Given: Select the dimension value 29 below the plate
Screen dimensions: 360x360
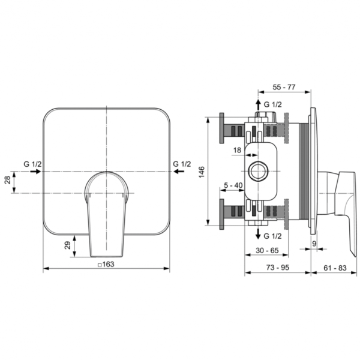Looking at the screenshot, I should coord(67,243).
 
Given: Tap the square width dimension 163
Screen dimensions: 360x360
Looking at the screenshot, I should coord(107,265).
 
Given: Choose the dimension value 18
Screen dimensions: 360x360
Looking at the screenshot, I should coord(236,149).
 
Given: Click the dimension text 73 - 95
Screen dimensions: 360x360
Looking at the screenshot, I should coord(277,265).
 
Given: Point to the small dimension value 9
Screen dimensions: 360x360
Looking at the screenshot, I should coord(314,243).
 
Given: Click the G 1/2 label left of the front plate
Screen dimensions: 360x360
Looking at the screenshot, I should coord(32,163).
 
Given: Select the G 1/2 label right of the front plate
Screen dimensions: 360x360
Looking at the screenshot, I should coord(181,163).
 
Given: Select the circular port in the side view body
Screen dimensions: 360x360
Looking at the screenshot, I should coord(259,170).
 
